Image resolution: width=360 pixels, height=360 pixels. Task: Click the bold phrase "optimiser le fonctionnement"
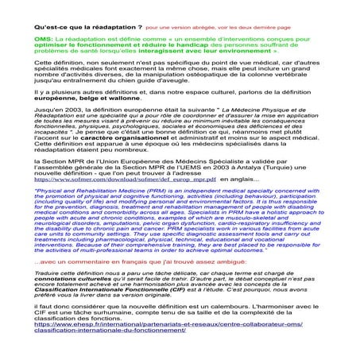tap(79, 45)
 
